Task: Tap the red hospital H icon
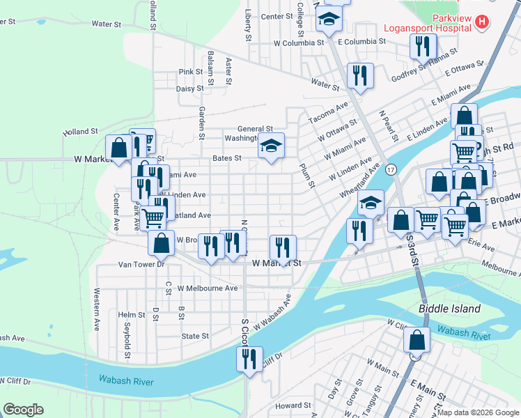(481, 22)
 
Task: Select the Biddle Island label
(449, 308)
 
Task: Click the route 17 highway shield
(392, 169)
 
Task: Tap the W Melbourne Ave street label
(207, 288)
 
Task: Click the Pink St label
(190, 72)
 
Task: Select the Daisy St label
(189, 88)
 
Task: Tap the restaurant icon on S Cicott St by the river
(249, 359)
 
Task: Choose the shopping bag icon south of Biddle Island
(417, 341)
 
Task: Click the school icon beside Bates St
(272, 146)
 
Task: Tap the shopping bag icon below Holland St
(119, 147)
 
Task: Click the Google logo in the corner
(23, 410)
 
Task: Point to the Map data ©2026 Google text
(477, 412)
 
